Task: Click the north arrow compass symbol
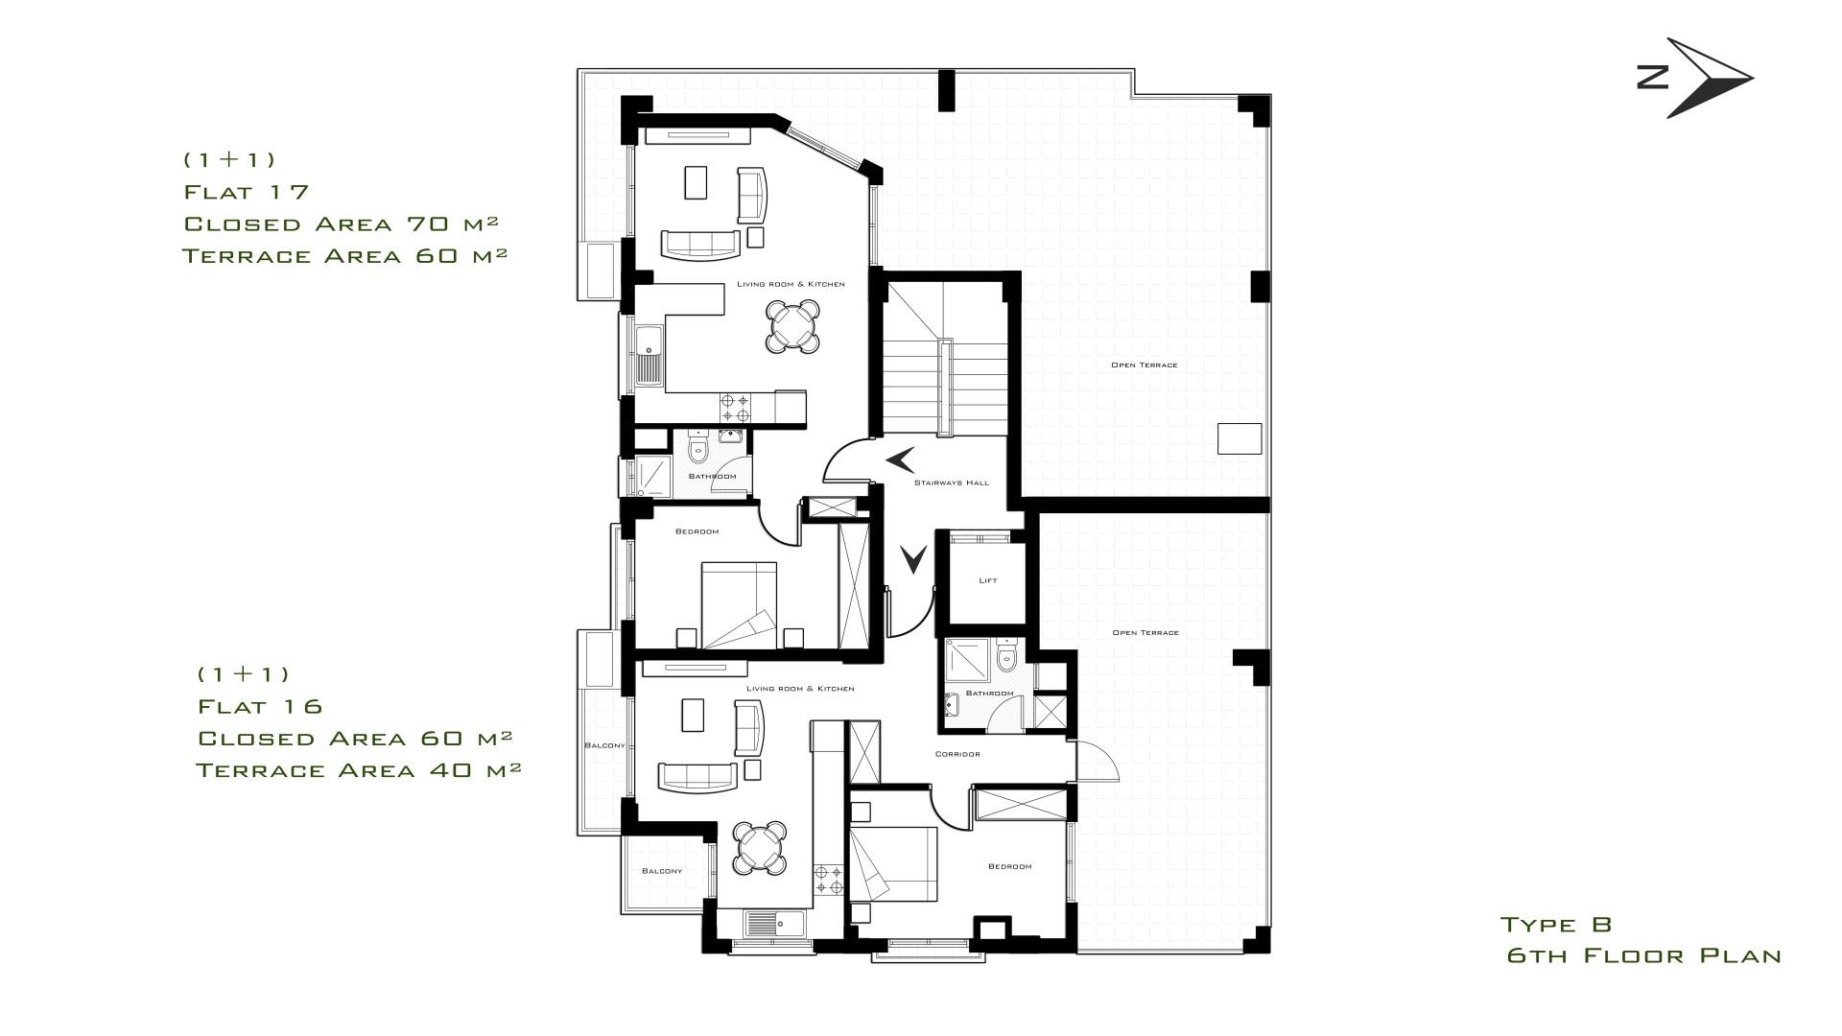click(1695, 79)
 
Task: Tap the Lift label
click(988, 580)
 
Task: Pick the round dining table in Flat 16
click(759, 848)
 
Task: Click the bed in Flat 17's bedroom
click(739, 605)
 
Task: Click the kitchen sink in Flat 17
click(649, 354)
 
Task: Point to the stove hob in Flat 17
click(736, 408)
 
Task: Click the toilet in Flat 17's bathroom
click(697, 447)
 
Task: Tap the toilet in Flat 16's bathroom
click(1006, 656)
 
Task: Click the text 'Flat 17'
click(247, 192)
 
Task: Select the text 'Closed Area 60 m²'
click(354, 738)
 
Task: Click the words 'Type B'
click(1556, 925)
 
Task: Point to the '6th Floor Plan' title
click(1643, 956)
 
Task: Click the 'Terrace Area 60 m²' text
click(344, 256)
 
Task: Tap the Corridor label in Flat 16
click(957, 754)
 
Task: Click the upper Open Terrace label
click(1144, 365)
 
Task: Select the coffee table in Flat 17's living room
click(697, 182)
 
